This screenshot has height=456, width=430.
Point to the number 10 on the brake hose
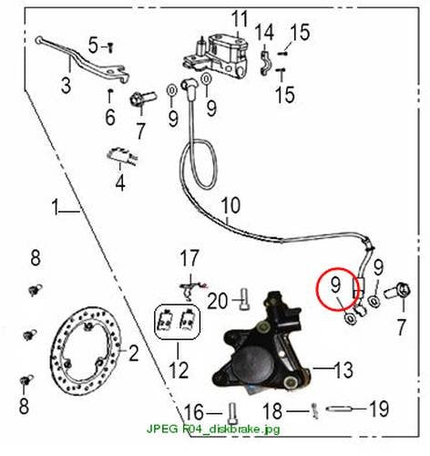click(230, 206)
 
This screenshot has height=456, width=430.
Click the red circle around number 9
click(338, 288)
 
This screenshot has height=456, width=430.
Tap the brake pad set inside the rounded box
click(178, 322)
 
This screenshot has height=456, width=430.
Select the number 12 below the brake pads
click(179, 369)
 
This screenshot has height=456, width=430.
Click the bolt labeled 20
click(244, 300)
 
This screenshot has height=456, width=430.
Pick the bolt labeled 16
click(232, 413)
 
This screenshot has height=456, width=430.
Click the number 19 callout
click(379, 409)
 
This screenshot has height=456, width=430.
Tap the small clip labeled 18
click(315, 411)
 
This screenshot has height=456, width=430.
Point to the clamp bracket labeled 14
click(266, 63)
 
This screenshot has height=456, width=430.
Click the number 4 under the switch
click(120, 183)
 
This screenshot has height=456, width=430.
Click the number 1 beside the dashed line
click(55, 207)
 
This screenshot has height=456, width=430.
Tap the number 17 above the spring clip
click(189, 259)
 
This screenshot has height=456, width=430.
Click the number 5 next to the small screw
click(94, 46)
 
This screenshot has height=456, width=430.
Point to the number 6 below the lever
click(110, 117)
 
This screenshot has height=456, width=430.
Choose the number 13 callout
click(343, 369)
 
